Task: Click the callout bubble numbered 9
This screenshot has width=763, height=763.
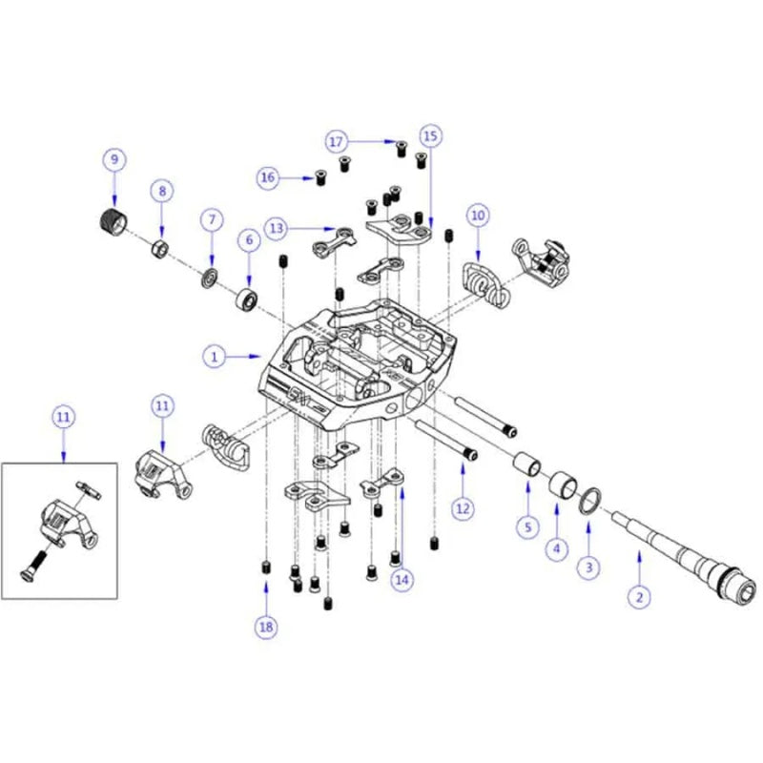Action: [114, 157]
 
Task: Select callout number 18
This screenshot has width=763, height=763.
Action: [265, 627]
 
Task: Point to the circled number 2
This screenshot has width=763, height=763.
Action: [639, 597]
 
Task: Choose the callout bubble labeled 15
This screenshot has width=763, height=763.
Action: [430, 136]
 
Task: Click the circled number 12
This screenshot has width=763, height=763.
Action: [463, 509]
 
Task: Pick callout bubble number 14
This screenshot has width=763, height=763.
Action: [402, 578]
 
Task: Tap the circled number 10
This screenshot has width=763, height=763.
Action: [478, 216]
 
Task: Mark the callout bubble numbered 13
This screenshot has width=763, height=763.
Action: [278, 228]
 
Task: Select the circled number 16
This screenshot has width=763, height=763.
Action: [268, 177]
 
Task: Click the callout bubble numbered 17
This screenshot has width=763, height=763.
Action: [335, 141]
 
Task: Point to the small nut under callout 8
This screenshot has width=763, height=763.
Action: [161, 249]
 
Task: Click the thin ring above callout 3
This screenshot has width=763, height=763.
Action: [590, 499]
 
